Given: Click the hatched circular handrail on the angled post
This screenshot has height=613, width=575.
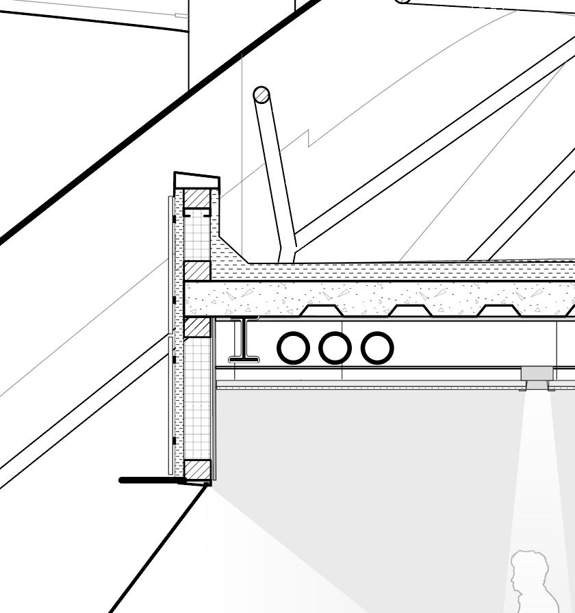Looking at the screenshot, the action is coord(261,94).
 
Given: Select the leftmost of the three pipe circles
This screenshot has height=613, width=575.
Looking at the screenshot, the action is coord(293,348).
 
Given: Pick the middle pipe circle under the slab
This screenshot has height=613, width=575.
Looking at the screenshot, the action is coord(335,348).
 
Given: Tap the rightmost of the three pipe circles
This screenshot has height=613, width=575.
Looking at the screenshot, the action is coord(377,348).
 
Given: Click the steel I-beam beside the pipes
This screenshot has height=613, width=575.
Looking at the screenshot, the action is coord(243,339).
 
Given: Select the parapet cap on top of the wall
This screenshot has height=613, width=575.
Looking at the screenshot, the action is coord(197,181).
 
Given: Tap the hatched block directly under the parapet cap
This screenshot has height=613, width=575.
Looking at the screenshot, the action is coord(197,198).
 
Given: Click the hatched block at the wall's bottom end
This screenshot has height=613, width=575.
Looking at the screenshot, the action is coord(197,469).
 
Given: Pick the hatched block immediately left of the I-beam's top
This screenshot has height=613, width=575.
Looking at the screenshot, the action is coord(197,327).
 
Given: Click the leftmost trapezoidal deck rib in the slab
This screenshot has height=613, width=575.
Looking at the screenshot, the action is coord(322,311).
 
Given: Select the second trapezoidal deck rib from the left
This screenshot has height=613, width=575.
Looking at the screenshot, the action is coord(410,311).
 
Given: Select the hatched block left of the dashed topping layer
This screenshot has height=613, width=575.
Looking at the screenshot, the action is coord(197,271).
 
